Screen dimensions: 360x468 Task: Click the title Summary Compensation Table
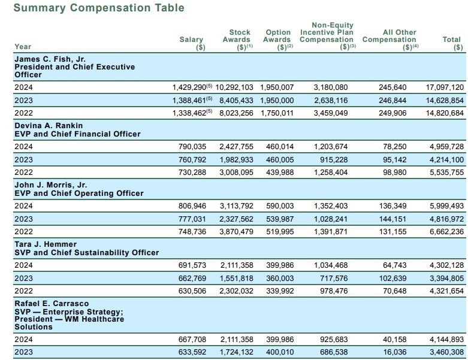click(99, 8)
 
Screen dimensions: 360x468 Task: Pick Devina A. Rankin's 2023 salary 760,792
click(189, 160)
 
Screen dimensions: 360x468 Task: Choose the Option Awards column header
click(277, 40)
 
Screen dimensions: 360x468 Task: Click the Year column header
click(23, 47)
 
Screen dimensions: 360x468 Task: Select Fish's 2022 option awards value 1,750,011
click(277, 113)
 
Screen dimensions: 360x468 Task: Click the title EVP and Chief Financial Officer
click(77, 134)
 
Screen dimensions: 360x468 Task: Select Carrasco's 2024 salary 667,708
click(189, 340)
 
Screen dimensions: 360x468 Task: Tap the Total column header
click(452, 43)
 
